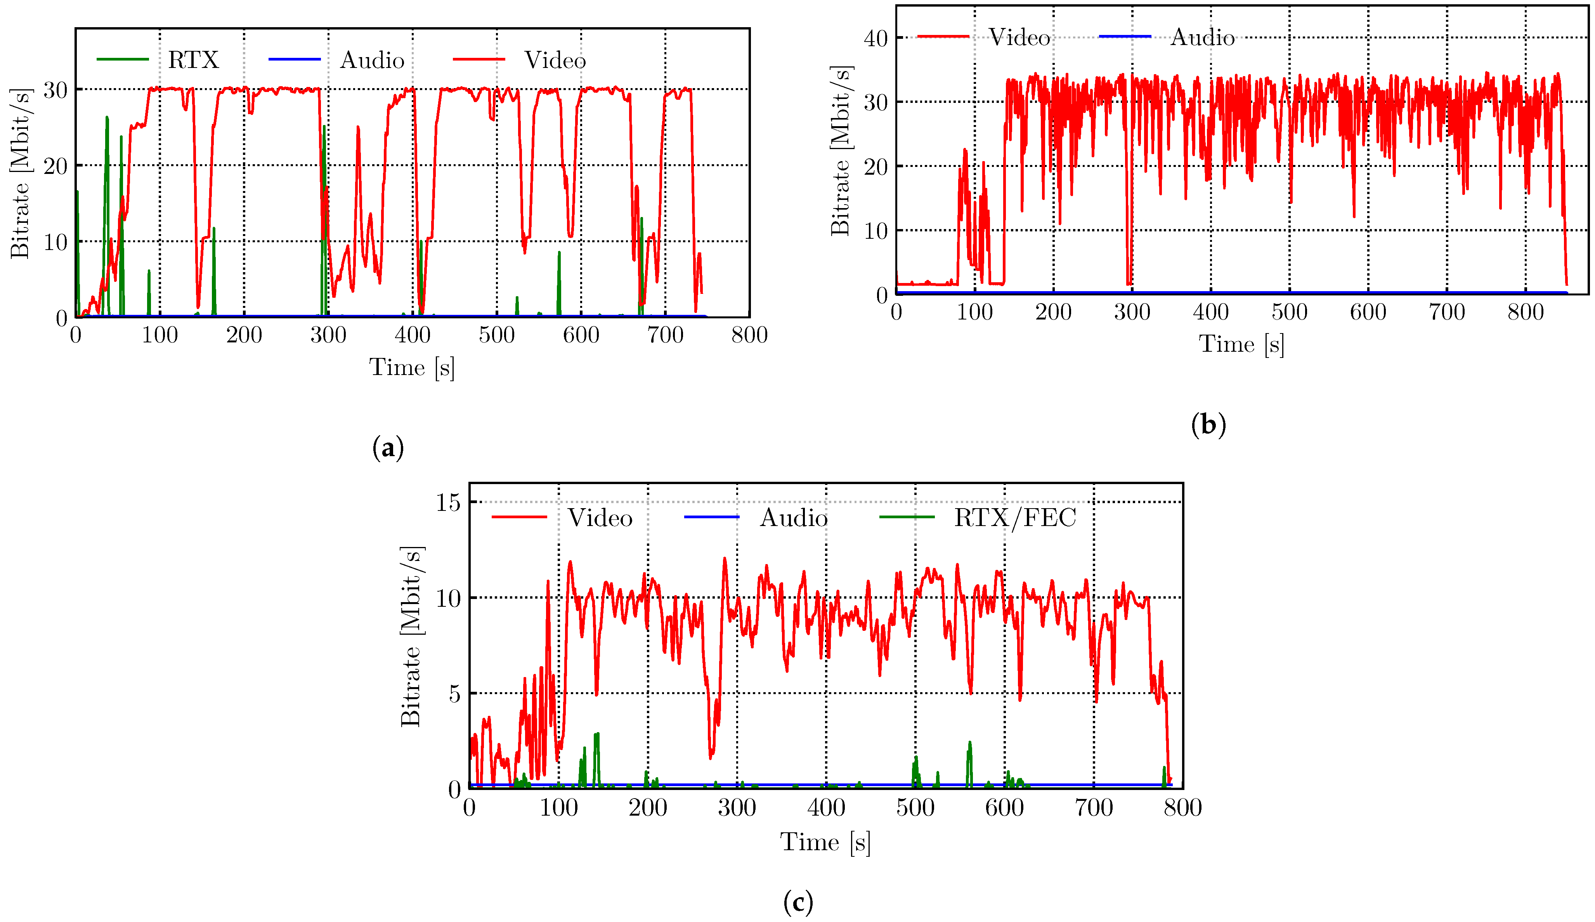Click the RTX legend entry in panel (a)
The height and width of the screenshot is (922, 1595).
(193, 60)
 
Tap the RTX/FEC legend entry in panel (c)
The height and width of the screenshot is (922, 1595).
(1014, 518)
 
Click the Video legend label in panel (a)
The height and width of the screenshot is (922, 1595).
(555, 60)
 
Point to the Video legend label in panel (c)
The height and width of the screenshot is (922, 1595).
(600, 518)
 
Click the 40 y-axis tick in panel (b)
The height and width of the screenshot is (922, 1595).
(876, 39)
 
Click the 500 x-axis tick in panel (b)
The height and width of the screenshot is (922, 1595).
(1289, 312)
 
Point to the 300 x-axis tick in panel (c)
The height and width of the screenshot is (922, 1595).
(737, 808)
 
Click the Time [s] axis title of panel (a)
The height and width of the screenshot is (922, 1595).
(412, 367)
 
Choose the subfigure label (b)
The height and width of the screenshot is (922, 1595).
(1208, 424)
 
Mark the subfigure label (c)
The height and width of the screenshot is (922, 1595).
(797, 902)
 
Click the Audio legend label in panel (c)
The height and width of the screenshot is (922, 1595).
(793, 518)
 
